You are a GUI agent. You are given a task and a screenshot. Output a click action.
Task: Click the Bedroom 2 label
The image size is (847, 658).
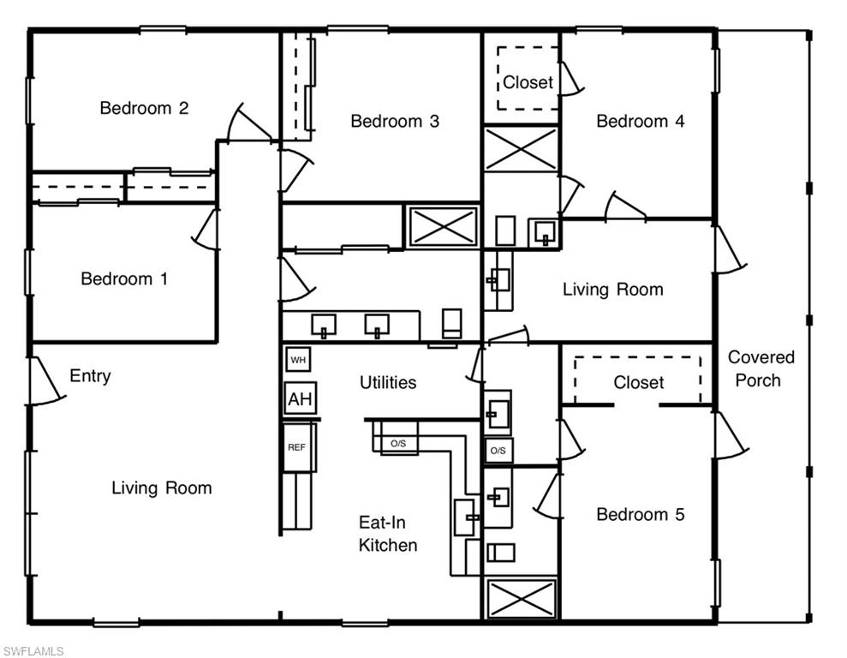click(x=144, y=108)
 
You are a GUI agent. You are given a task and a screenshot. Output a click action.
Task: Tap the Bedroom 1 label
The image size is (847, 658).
click(x=124, y=278)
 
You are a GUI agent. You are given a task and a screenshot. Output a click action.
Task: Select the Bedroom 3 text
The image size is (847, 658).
click(x=395, y=121)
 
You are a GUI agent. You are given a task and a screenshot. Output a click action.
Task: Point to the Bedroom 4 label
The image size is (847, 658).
click(x=640, y=121)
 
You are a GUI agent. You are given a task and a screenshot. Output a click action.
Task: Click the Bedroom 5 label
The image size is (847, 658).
click(x=640, y=514)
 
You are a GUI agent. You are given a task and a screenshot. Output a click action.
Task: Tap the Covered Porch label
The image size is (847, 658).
click(x=761, y=368)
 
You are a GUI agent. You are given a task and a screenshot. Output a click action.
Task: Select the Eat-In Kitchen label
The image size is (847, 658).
click(x=388, y=533)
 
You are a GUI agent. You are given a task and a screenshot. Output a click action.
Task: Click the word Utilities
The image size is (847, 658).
click(x=388, y=382)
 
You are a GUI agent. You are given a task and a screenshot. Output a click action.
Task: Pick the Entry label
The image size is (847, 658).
click(x=90, y=376)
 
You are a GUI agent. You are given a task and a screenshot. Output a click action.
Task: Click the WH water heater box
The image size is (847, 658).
click(x=298, y=360)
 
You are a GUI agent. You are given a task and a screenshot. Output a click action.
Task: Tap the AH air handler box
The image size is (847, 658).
click(x=300, y=398)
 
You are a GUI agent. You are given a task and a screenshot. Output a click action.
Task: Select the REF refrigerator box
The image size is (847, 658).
click(x=296, y=447)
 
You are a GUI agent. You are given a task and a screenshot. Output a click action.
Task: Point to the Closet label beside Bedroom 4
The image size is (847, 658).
click(x=528, y=82)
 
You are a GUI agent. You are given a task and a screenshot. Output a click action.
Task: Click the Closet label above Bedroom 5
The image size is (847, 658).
click(x=639, y=382)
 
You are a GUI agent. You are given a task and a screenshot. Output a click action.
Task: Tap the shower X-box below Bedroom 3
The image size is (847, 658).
click(x=443, y=226)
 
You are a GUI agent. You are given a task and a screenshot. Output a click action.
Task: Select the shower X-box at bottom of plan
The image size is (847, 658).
click(x=521, y=598)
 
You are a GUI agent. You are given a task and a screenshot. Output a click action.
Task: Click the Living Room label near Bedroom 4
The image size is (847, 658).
click(x=612, y=290)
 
